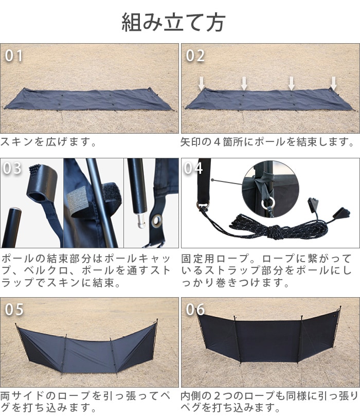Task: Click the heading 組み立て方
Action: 173,22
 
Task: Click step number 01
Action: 14,56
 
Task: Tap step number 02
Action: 195,56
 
